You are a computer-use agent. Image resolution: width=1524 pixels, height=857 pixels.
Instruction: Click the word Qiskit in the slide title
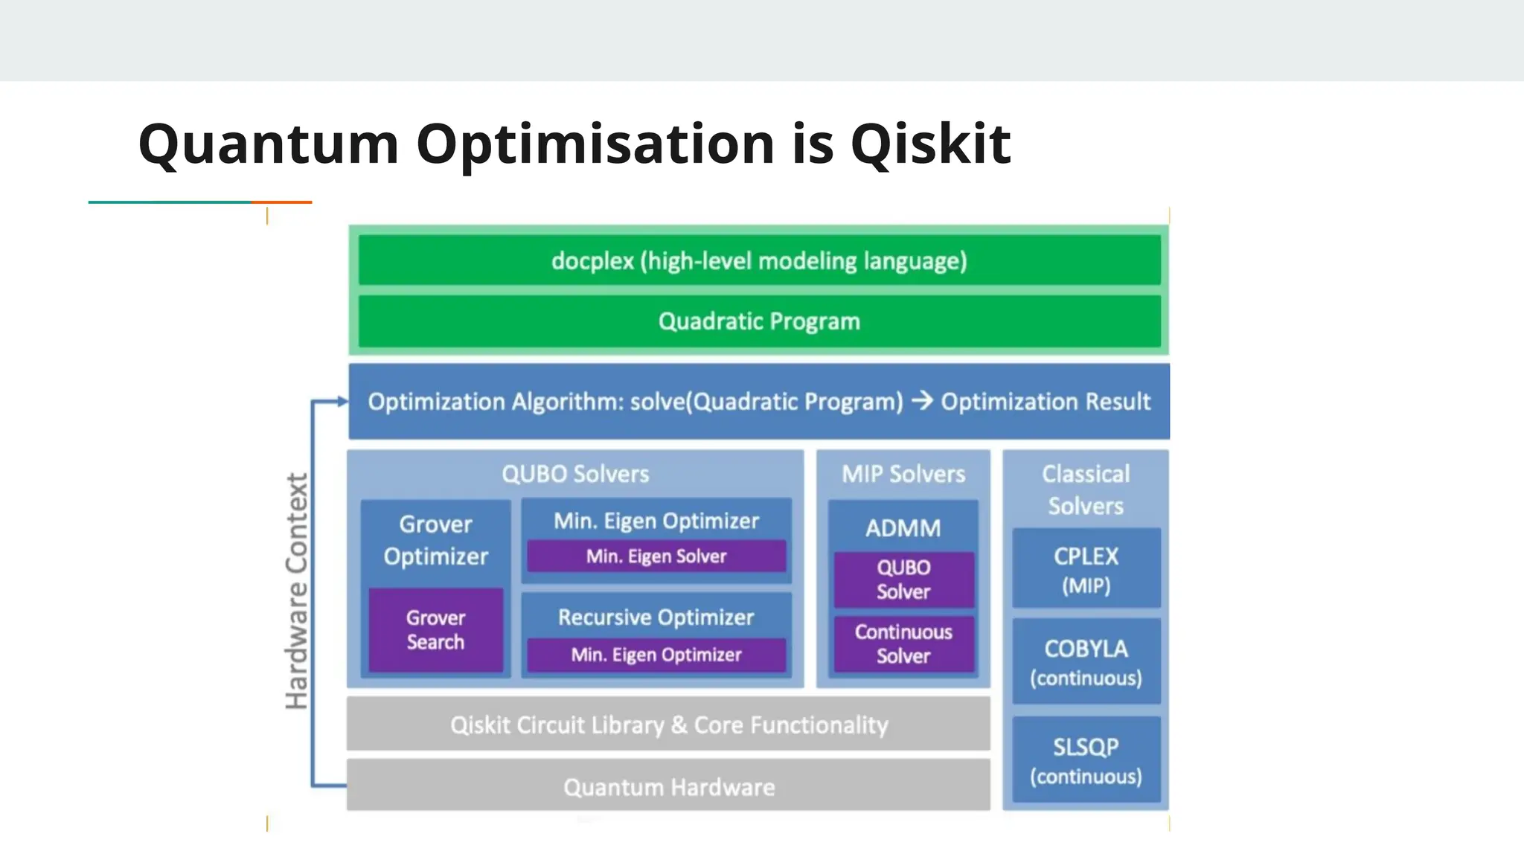tap(930, 144)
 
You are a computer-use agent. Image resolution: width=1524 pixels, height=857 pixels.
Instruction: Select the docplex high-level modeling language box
tap(759, 260)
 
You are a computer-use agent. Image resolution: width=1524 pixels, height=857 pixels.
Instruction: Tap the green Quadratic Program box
tap(759, 321)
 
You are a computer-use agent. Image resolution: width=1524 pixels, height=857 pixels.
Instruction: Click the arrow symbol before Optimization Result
tap(922, 401)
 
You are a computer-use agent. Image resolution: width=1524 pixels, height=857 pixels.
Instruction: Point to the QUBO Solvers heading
tap(575, 474)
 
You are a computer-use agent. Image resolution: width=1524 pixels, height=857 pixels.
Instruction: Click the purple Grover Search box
tap(435, 630)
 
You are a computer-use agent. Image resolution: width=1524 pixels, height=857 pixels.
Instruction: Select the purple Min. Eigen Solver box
tap(656, 556)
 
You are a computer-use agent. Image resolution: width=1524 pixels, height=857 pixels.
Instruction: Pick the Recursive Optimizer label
tap(656, 617)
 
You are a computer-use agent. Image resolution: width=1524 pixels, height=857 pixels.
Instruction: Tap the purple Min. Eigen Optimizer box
tap(656, 655)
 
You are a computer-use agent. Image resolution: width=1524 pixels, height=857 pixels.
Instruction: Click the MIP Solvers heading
tap(903, 474)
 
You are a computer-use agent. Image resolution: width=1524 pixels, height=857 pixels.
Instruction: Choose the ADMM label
tap(903, 528)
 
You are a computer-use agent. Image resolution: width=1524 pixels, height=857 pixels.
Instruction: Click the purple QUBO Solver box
tap(903, 580)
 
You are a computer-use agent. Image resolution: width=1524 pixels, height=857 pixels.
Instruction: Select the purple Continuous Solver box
tap(903, 643)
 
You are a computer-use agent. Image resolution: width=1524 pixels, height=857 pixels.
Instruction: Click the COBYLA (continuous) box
tap(1086, 662)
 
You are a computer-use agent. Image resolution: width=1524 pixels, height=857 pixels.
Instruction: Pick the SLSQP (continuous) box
tap(1086, 760)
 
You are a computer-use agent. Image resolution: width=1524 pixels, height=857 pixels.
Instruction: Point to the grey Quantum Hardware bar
tap(668, 786)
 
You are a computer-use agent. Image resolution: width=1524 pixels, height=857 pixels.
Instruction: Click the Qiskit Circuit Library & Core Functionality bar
tap(668, 725)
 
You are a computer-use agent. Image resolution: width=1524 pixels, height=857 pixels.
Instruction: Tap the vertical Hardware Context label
tap(297, 591)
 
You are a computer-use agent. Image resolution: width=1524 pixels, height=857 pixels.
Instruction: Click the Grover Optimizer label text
tap(435, 540)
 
